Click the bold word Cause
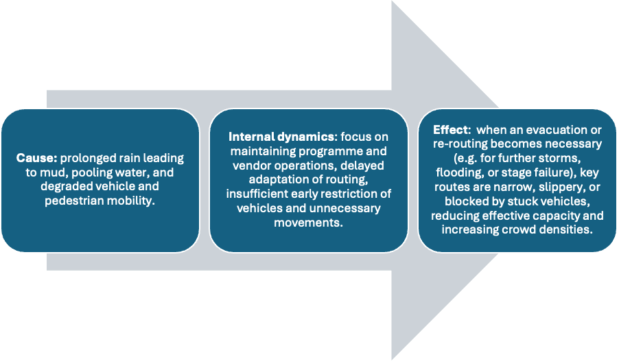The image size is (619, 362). click(x=32, y=159)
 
